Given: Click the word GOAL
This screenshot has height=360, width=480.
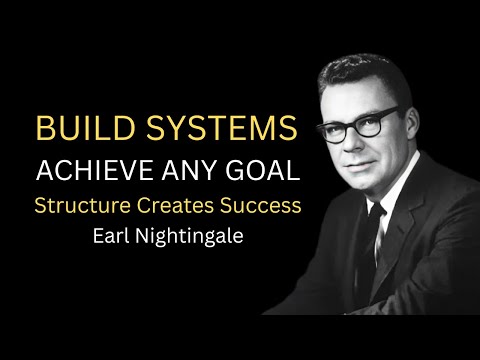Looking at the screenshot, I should pyautogui.click(x=264, y=170).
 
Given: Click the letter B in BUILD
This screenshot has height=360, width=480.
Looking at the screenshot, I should pyautogui.click(x=44, y=130).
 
